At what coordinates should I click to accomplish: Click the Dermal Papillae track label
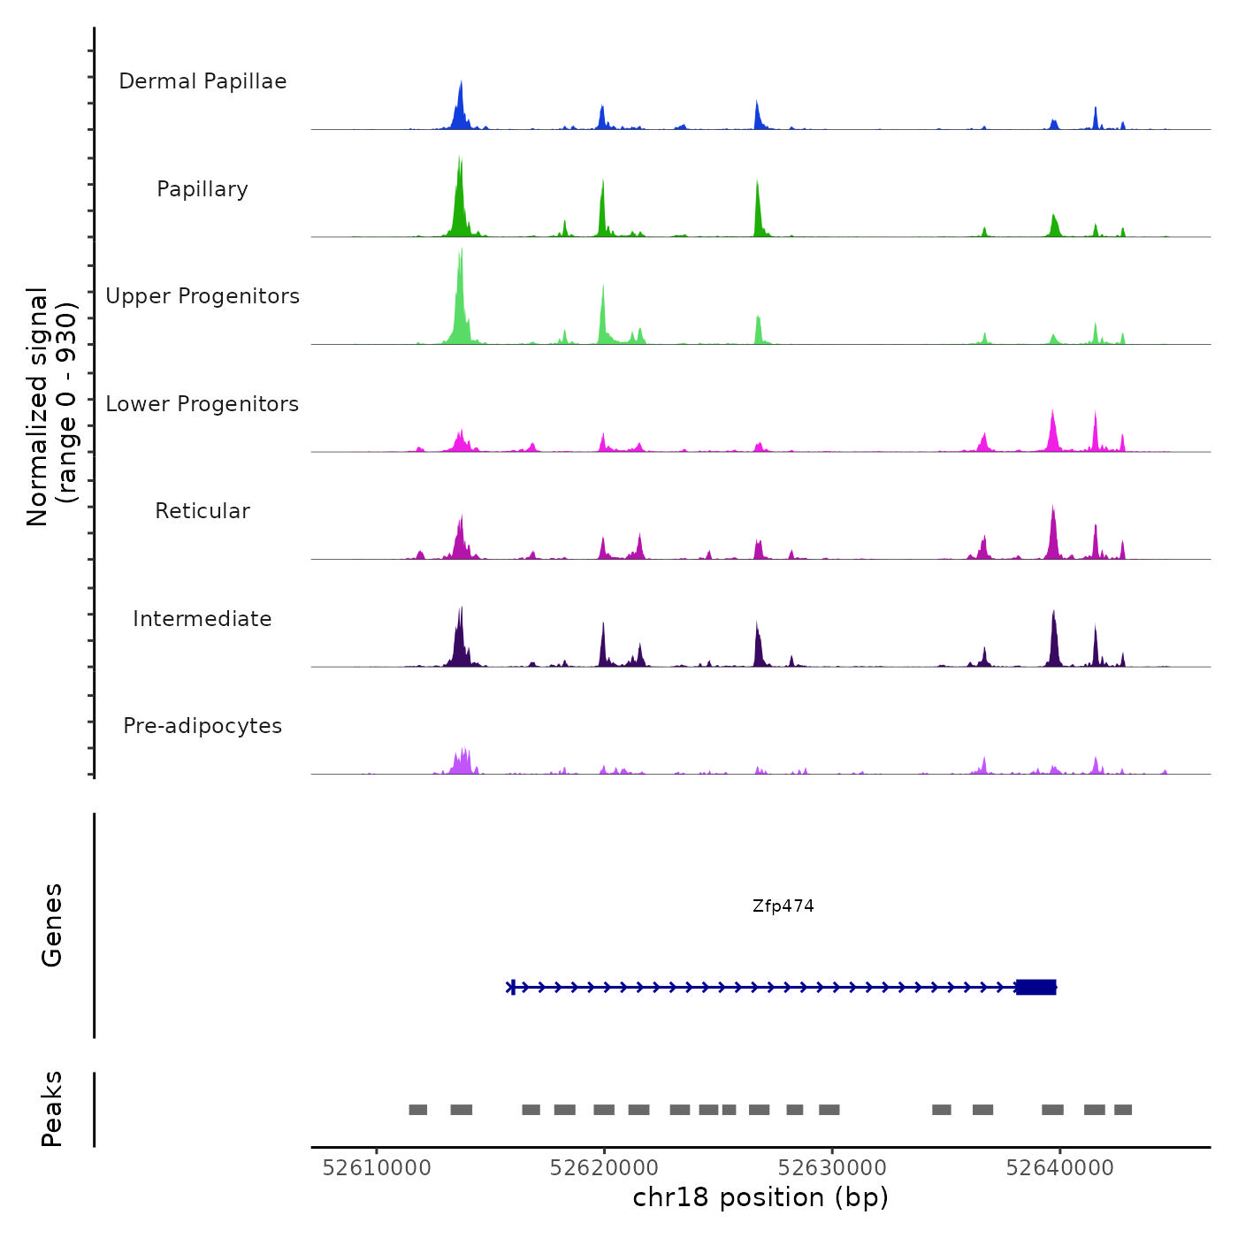click(x=203, y=81)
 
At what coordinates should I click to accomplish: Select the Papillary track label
click(x=203, y=189)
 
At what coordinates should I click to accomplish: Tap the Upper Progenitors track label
click(x=203, y=296)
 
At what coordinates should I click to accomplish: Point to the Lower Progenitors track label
click(x=203, y=404)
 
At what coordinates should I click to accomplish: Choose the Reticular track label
click(x=203, y=511)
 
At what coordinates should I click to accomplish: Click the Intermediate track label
click(x=203, y=619)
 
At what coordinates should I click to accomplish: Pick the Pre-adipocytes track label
click(x=203, y=726)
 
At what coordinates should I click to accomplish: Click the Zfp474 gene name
click(x=783, y=906)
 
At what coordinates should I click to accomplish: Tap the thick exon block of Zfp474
click(x=1036, y=987)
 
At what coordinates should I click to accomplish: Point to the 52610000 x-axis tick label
click(x=377, y=1168)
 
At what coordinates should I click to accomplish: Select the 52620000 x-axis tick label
click(x=604, y=1168)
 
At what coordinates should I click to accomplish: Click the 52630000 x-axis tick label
click(x=832, y=1168)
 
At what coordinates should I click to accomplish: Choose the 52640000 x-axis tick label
click(x=1059, y=1168)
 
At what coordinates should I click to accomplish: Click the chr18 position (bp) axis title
click(x=760, y=1197)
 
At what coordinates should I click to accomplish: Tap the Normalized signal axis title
click(x=51, y=407)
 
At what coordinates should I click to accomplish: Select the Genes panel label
click(x=52, y=925)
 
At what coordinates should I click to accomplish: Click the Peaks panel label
click(x=52, y=1109)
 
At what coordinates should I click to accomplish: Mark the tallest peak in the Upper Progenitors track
click(x=461, y=252)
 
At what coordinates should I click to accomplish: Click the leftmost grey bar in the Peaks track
click(x=418, y=1110)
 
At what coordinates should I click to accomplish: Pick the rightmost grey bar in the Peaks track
click(x=1123, y=1110)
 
